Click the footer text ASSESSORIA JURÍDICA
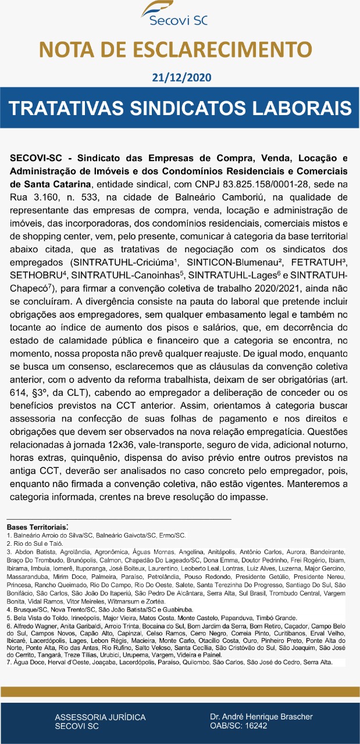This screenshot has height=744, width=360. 100,717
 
